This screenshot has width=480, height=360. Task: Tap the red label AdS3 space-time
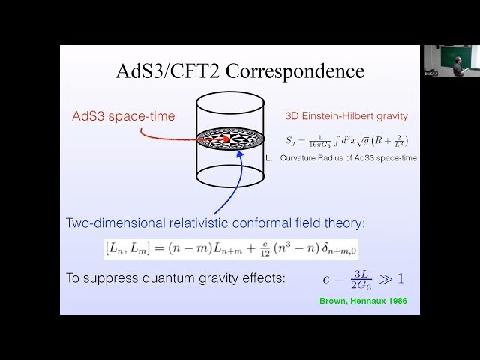coord(123,115)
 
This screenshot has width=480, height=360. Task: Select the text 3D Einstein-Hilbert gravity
coord(346,116)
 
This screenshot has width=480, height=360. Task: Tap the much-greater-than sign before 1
coord(384,279)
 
